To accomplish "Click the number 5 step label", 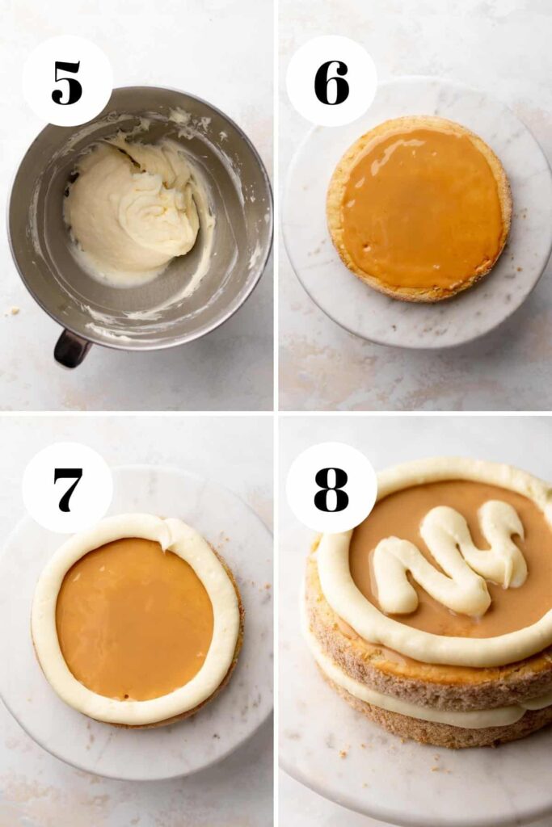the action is tap(67, 82).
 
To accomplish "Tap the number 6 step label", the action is tap(331, 82).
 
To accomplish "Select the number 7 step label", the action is tap(68, 489).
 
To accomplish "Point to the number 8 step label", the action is tap(331, 489).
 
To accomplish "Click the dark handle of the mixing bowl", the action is tap(71, 348).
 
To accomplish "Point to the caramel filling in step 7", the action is tap(135, 618).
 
